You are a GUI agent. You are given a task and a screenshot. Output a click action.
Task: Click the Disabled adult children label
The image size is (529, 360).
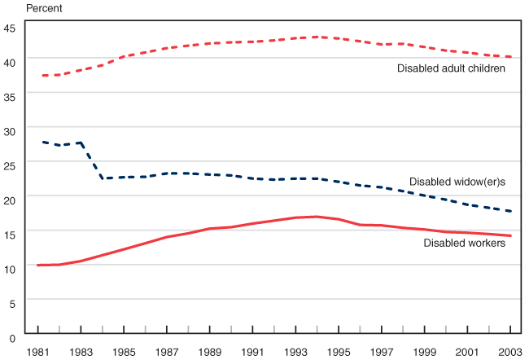coord(452,68)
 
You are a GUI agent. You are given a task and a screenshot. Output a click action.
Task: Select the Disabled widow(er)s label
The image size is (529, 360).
coord(457,182)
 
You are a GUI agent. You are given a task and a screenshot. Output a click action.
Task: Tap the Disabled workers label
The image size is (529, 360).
coord(465,243)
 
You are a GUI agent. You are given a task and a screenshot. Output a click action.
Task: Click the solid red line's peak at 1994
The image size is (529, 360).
coord(317,217)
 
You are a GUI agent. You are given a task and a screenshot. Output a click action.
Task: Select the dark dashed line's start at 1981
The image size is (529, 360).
coord(38,142)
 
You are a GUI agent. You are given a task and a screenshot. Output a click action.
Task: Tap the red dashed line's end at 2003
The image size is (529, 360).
coord(510,57)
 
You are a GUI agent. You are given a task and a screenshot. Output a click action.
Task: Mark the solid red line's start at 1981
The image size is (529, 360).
coord(38,265)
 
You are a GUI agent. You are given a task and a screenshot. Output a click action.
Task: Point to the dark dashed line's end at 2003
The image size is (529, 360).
coord(510,212)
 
